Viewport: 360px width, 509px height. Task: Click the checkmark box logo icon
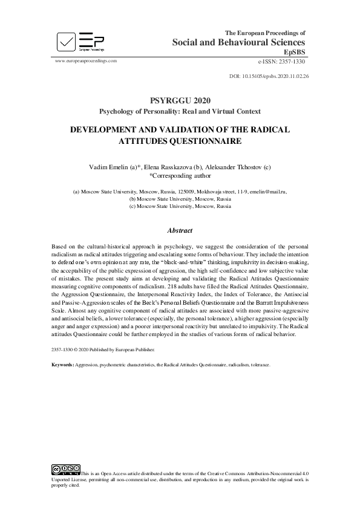pos(67,42)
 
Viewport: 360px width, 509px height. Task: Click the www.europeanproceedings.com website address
pos(85,61)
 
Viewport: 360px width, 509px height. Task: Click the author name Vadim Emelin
pos(111,167)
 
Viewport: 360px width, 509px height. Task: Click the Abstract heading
pos(180,230)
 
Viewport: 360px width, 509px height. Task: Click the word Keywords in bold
pos(62,365)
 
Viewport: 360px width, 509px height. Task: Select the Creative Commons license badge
pos(66,468)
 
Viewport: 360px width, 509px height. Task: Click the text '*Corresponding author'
pos(180,176)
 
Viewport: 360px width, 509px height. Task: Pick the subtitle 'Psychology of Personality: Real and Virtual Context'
pos(180,111)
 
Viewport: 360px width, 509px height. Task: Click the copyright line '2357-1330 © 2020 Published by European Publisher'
pos(103,349)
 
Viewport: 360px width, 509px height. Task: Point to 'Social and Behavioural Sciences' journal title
pos(238,42)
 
